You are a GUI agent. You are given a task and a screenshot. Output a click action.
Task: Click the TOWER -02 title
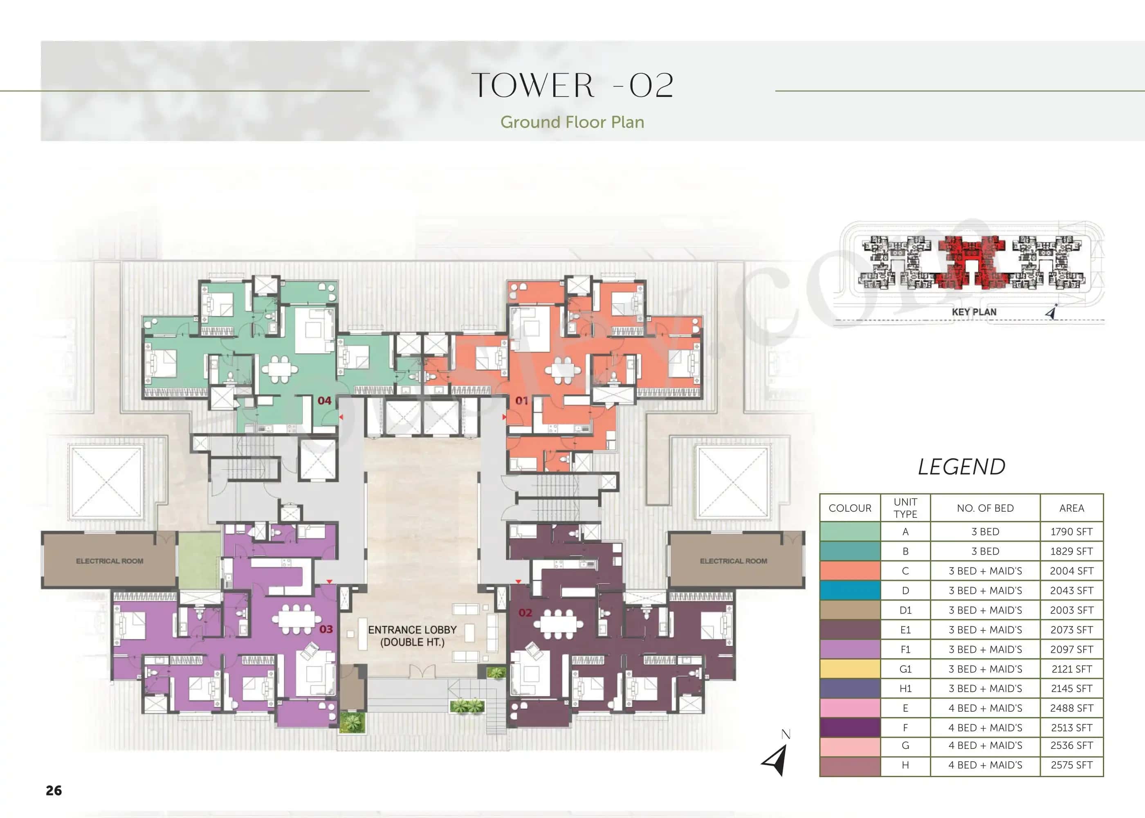572,85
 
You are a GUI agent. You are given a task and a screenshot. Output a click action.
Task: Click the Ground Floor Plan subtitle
572,122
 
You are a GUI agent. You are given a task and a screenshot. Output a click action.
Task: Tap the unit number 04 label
324,400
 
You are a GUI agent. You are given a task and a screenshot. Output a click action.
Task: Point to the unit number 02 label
525,613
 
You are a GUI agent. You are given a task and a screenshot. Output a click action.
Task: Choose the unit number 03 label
326,629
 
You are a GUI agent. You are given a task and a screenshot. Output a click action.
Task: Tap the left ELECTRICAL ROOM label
109,561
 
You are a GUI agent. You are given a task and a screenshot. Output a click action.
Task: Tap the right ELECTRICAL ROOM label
733,561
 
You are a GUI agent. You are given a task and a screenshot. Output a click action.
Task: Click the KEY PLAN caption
974,312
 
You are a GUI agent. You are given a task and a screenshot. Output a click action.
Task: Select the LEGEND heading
961,467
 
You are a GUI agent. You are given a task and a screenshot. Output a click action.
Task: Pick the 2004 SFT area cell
1071,571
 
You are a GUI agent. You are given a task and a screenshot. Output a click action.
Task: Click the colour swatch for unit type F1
850,649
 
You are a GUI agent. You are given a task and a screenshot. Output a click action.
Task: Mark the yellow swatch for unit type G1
850,669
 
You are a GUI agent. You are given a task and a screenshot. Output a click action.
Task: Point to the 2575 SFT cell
1071,765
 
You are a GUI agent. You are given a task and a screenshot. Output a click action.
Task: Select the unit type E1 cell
905,629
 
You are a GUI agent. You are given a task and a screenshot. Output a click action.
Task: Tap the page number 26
54,790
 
